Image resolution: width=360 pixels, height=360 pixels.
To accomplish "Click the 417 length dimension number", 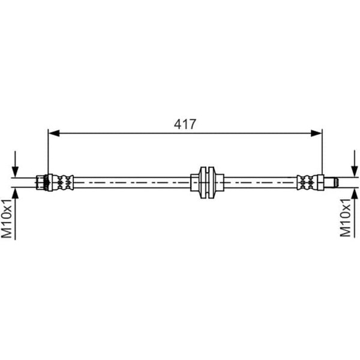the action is pyautogui.click(x=185, y=124).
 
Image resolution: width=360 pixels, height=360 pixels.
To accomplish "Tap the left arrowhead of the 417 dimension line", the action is pyautogui.click(x=54, y=133).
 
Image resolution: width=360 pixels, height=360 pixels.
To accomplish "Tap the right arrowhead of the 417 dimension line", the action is pyautogui.click(x=316, y=133).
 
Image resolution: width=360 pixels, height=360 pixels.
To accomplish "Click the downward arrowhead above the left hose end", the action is pyautogui.click(x=15, y=172).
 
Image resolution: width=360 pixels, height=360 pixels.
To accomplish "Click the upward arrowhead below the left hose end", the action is pyautogui.click(x=15, y=194).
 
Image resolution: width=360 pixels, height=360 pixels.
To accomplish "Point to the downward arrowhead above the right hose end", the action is pyautogui.click(x=355, y=172).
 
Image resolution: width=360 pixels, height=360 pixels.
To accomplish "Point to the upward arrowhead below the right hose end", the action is pyautogui.click(x=355, y=193).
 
